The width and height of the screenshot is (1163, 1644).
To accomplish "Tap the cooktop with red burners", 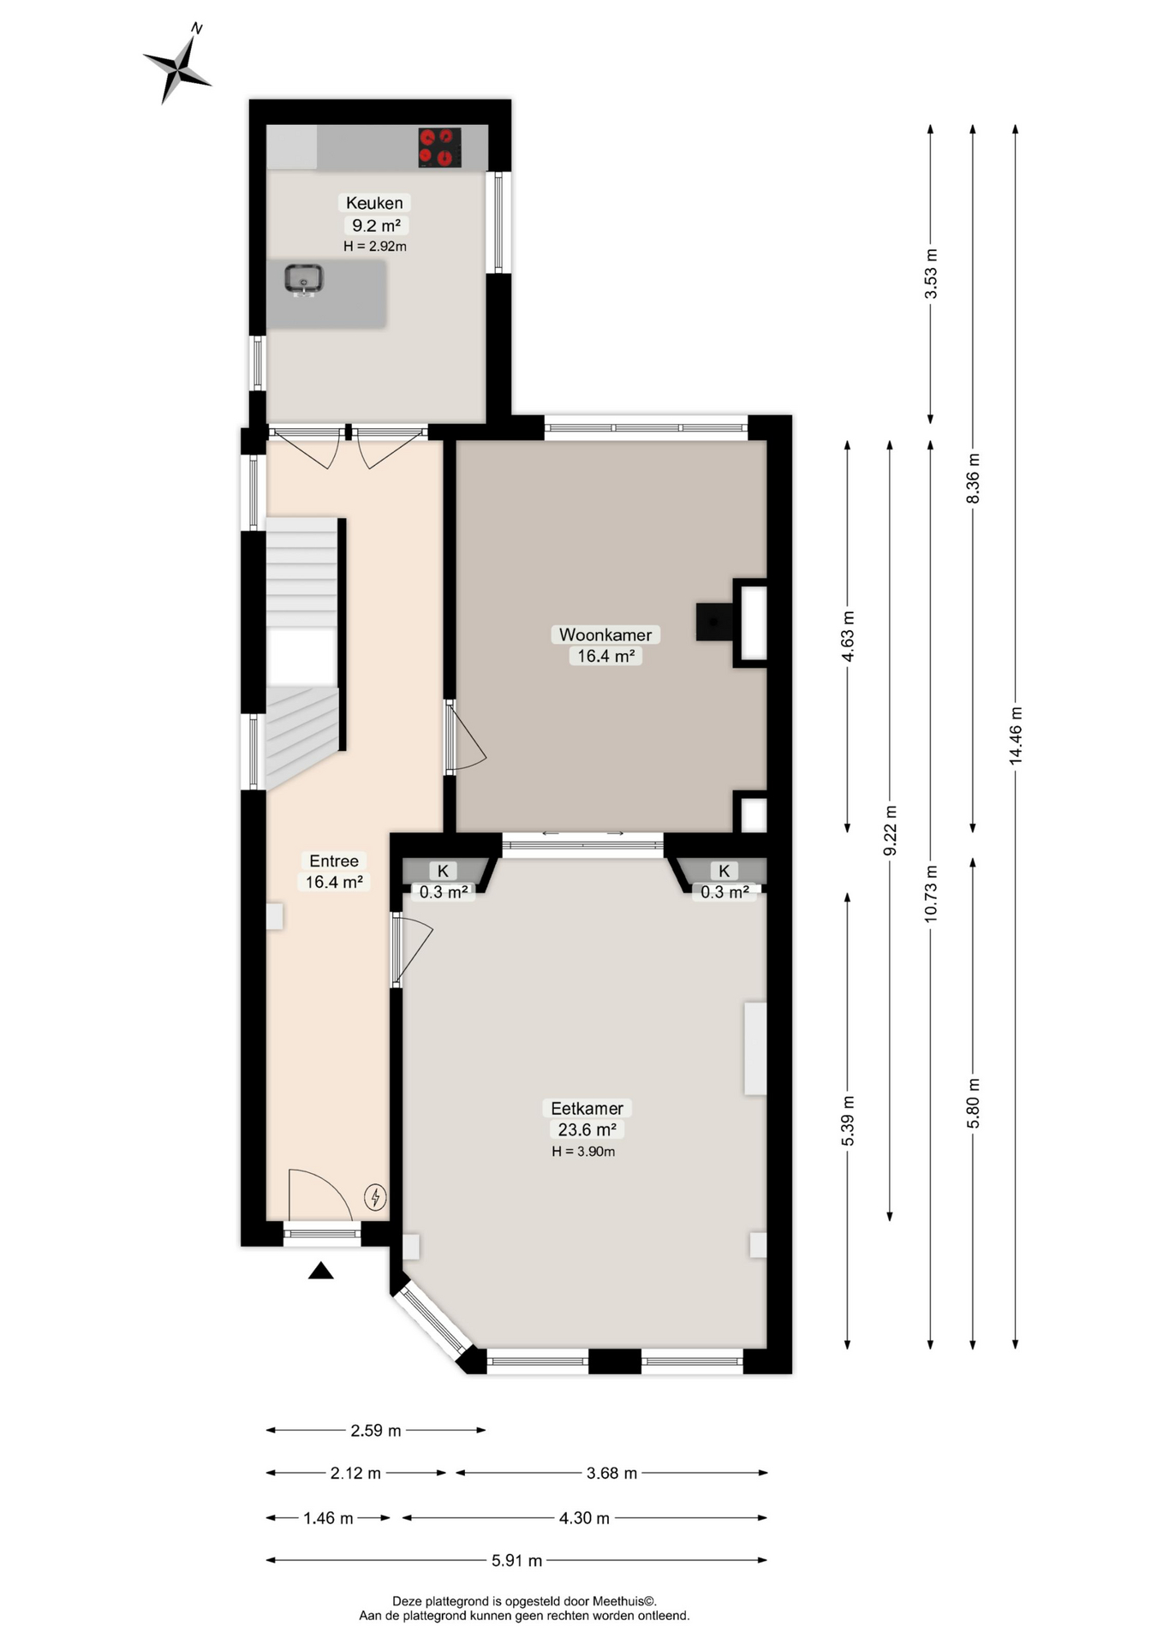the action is [440, 147].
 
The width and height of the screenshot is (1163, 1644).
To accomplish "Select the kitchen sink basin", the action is [303, 279].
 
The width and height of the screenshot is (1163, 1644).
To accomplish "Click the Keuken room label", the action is [374, 203].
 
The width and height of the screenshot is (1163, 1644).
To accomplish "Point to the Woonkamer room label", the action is [605, 634].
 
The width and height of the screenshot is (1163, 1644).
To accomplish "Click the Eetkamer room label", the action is [587, 1108].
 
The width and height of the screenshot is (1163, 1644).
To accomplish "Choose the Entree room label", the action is [334, 861].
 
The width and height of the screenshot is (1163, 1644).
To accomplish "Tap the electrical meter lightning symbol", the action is [375, 1196].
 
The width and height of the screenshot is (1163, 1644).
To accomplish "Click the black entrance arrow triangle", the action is [320, 1271].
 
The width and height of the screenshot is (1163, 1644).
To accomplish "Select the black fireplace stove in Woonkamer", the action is [714, 622].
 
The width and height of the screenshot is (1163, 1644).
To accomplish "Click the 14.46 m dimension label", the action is [1016, 735].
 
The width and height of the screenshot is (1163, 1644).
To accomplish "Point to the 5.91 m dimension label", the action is [516, 1561].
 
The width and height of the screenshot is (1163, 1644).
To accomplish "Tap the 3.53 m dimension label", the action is [931, 274].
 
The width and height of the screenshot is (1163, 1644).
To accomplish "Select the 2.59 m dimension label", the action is [376, 1431].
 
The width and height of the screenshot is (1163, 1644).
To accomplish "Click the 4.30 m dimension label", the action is [584, 1518].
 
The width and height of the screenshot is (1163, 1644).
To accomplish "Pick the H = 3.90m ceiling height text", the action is [583, 1152].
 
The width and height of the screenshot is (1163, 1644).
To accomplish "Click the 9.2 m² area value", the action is [376, 225].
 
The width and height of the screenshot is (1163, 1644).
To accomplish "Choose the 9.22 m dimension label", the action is [890, 830].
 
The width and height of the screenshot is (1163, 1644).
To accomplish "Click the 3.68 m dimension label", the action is [611, 1474].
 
